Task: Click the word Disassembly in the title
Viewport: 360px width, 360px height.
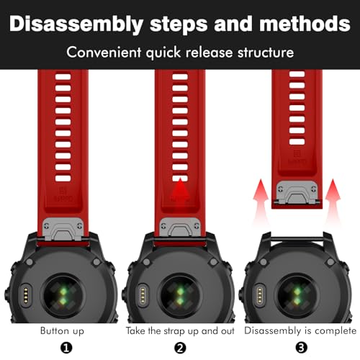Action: (76, 24)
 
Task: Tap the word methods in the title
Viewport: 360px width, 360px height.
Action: (305, 24)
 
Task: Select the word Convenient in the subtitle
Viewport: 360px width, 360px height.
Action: (104, 52)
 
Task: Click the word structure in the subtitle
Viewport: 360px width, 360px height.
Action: (266, 53)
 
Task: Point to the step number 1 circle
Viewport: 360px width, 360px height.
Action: (66, 348)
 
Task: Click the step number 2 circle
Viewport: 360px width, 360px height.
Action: (180, 348)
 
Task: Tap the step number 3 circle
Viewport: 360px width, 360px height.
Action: (301, 348)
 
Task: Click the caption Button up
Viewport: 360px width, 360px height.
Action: (62, 330)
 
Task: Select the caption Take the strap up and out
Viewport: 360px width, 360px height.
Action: (180, 330)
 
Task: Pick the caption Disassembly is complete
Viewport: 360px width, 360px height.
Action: (300, 330)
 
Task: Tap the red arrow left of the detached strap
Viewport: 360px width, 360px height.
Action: (261, 202)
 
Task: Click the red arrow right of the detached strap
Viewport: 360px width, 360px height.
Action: (333, 202)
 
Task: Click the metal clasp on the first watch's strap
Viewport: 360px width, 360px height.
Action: (63, 229)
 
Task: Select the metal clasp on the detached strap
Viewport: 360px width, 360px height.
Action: (297, 192)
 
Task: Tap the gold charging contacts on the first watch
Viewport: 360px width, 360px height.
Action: (26, 295)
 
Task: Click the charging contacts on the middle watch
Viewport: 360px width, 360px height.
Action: (143, 295)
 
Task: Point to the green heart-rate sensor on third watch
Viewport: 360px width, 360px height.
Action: (297, 296)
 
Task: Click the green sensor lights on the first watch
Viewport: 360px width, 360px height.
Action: (63, 296)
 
